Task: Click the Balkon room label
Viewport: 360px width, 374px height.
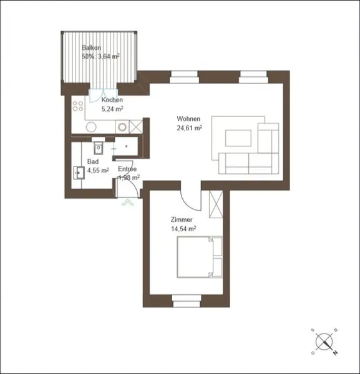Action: pyautogui.click(x=92, y=47)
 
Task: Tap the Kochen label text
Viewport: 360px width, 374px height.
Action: pyautogui.click(x=112, y=100)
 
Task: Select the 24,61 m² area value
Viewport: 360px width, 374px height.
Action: pyautogui.click(x=190, y=128)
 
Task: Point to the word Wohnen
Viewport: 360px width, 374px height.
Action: pyautogui.click(x=188, y=118)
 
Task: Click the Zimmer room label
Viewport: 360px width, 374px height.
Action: pyautogui.click(x=182, y=219)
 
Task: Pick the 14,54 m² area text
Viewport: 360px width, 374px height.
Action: pyautogui.click(x=183, y=229)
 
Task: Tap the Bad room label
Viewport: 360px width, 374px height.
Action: pyautogui.click(x=93, y=161)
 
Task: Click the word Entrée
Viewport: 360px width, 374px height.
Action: pyautogui.click(x=127, y=169)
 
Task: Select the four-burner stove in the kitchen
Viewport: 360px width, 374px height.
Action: pyautogui.click(x=78, y=106)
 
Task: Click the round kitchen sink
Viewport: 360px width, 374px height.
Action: pyautogui.click(x=91, y=127)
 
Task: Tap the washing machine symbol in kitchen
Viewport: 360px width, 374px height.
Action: pyautogui.click(x=122, y=127)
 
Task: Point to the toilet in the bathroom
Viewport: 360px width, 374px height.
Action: pyautogui.click(x=98, y=146)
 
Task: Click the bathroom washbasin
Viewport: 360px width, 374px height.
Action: pyautogui.click(x=79, y=173)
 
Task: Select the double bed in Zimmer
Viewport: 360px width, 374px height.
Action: pyautogui.click(x=200, y=257)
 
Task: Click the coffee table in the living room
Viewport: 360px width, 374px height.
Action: pyautogui.click(x=238, y=138)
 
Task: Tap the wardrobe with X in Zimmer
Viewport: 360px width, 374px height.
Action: pyautogui.click(x=216, y=204)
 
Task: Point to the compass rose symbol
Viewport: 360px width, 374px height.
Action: pyautogui.click(x=324, y=342)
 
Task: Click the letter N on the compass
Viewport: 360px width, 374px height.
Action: pyautogui.click(x=336, y=352)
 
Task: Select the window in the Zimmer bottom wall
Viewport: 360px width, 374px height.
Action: pyautogui.click(x=187, y=301)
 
